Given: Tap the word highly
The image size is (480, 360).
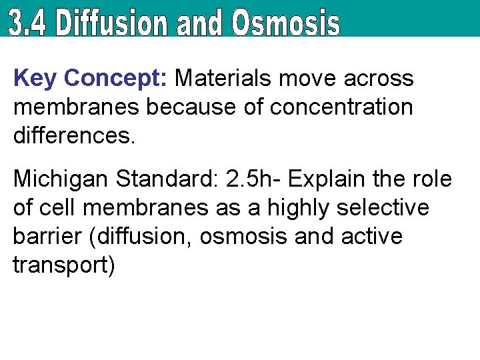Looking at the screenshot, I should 299,208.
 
